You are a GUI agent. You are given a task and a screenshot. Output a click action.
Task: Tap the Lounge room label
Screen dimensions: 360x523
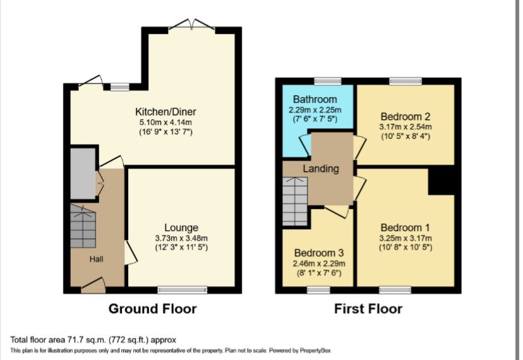(181, 227)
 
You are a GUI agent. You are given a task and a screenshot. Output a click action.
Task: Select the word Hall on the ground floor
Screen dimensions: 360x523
(96, 259)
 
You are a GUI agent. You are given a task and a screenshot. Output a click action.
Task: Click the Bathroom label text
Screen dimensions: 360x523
(315, 100)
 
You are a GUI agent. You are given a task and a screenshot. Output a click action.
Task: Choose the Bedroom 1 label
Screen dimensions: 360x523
(405, 227)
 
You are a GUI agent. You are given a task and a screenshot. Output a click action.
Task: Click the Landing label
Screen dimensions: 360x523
(320, 169)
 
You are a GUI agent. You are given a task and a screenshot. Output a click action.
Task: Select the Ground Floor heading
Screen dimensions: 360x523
(152, 309)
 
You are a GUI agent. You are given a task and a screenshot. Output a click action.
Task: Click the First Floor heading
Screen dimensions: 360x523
(368, 309)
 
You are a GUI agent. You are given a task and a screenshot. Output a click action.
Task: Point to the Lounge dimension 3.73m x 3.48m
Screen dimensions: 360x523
(181, 237)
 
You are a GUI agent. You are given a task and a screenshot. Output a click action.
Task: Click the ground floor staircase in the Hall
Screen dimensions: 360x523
(83, 226)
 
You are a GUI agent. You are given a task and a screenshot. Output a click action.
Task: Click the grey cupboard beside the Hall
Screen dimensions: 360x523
(82, 174)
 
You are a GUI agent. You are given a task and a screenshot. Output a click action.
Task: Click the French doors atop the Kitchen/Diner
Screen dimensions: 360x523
(192, 25)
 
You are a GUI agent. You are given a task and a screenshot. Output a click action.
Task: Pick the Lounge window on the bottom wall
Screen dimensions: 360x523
(182, 290)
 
